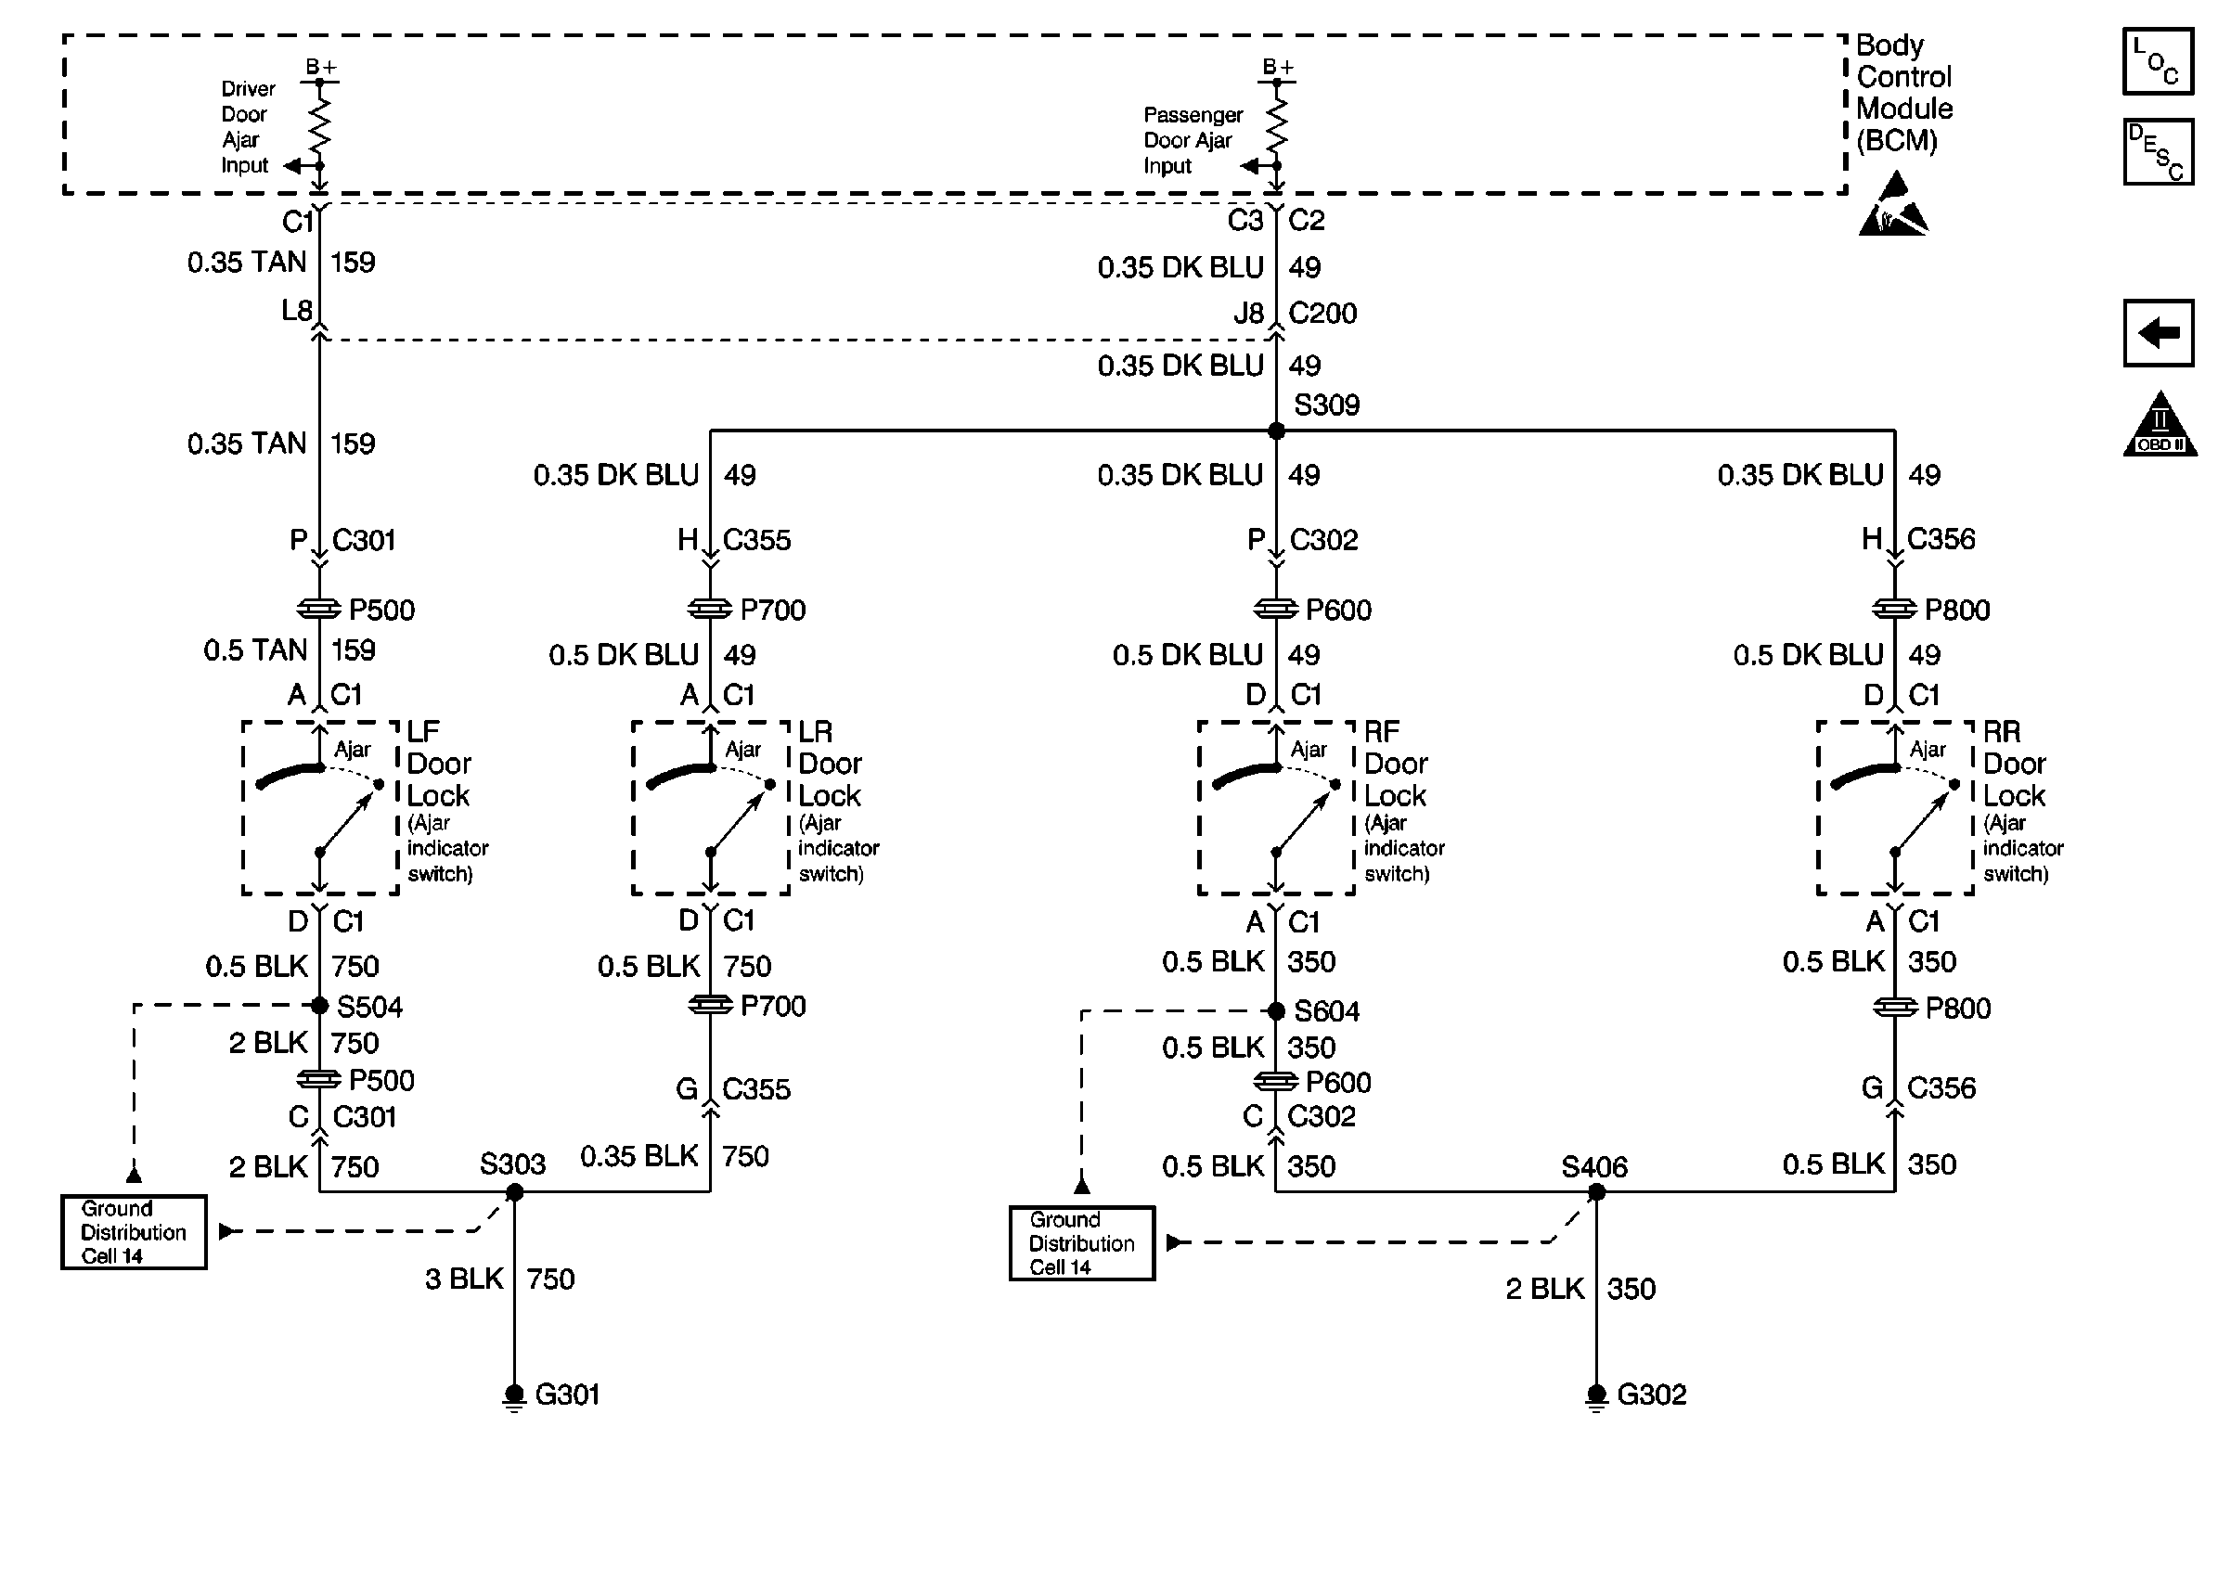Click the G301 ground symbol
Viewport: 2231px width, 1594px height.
pyautogui.click(x=513, y=1395)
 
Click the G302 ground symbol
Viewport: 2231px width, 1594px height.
pyautogui.click(x=1596, y=1395)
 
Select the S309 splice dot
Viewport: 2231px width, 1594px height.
pyautogui.click(x=1275, y=430)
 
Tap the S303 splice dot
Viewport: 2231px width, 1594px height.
pyautogui.click(x=513, y=1191)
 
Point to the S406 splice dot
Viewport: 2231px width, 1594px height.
pyautogui.click(x=1596, y=1191)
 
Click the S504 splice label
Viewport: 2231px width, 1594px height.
pyautogui.click(x=369, y=1007)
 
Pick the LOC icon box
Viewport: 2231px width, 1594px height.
pyautogui.click(x=2158, y=61)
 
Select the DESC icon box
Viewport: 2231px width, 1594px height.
pyautogui.click(x=2158, y=152)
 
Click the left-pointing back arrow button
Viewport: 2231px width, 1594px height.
pyautogui.click(x=2158, y=333)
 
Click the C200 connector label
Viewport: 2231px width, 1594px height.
pyautogui.click(x=1322, y=313)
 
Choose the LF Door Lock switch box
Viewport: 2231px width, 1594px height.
pyautogui.click(x=320, y=808)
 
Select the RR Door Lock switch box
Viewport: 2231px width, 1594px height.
pyautogui.click(x=1894, y=808)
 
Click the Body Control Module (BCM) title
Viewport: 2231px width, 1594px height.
pyautogui.click(x=1903, y=93)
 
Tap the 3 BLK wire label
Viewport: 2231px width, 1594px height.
pyautogui.click(x=463, y=1279)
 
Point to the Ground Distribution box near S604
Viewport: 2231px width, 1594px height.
pyautogui.click(x=1082, y=1243)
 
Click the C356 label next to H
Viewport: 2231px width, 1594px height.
pyautogui.click(x=1941, y=539)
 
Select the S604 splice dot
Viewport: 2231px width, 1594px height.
pyautogui.click(x=1275, y=1011)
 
